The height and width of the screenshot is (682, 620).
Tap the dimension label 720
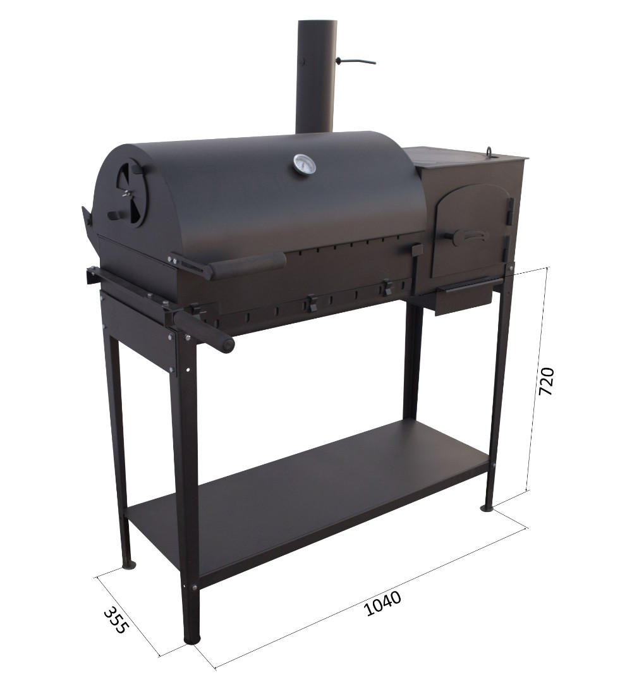[547, 381]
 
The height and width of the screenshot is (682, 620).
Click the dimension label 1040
[382, 603]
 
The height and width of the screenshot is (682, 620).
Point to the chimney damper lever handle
[356, 60]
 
